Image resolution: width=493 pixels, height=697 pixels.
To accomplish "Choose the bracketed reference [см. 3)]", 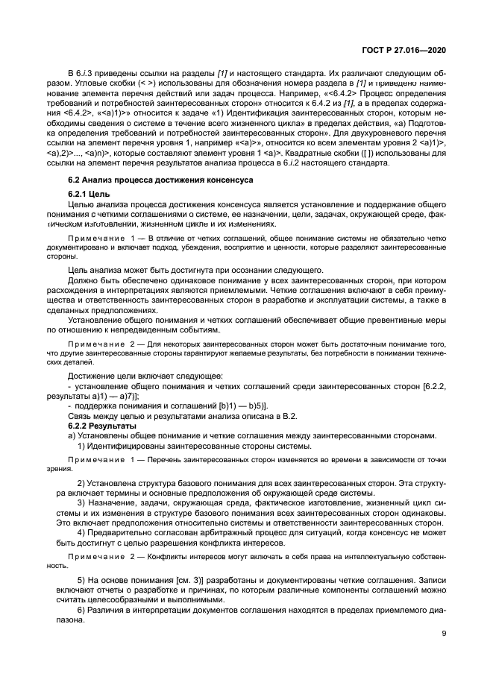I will (168, 581).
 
